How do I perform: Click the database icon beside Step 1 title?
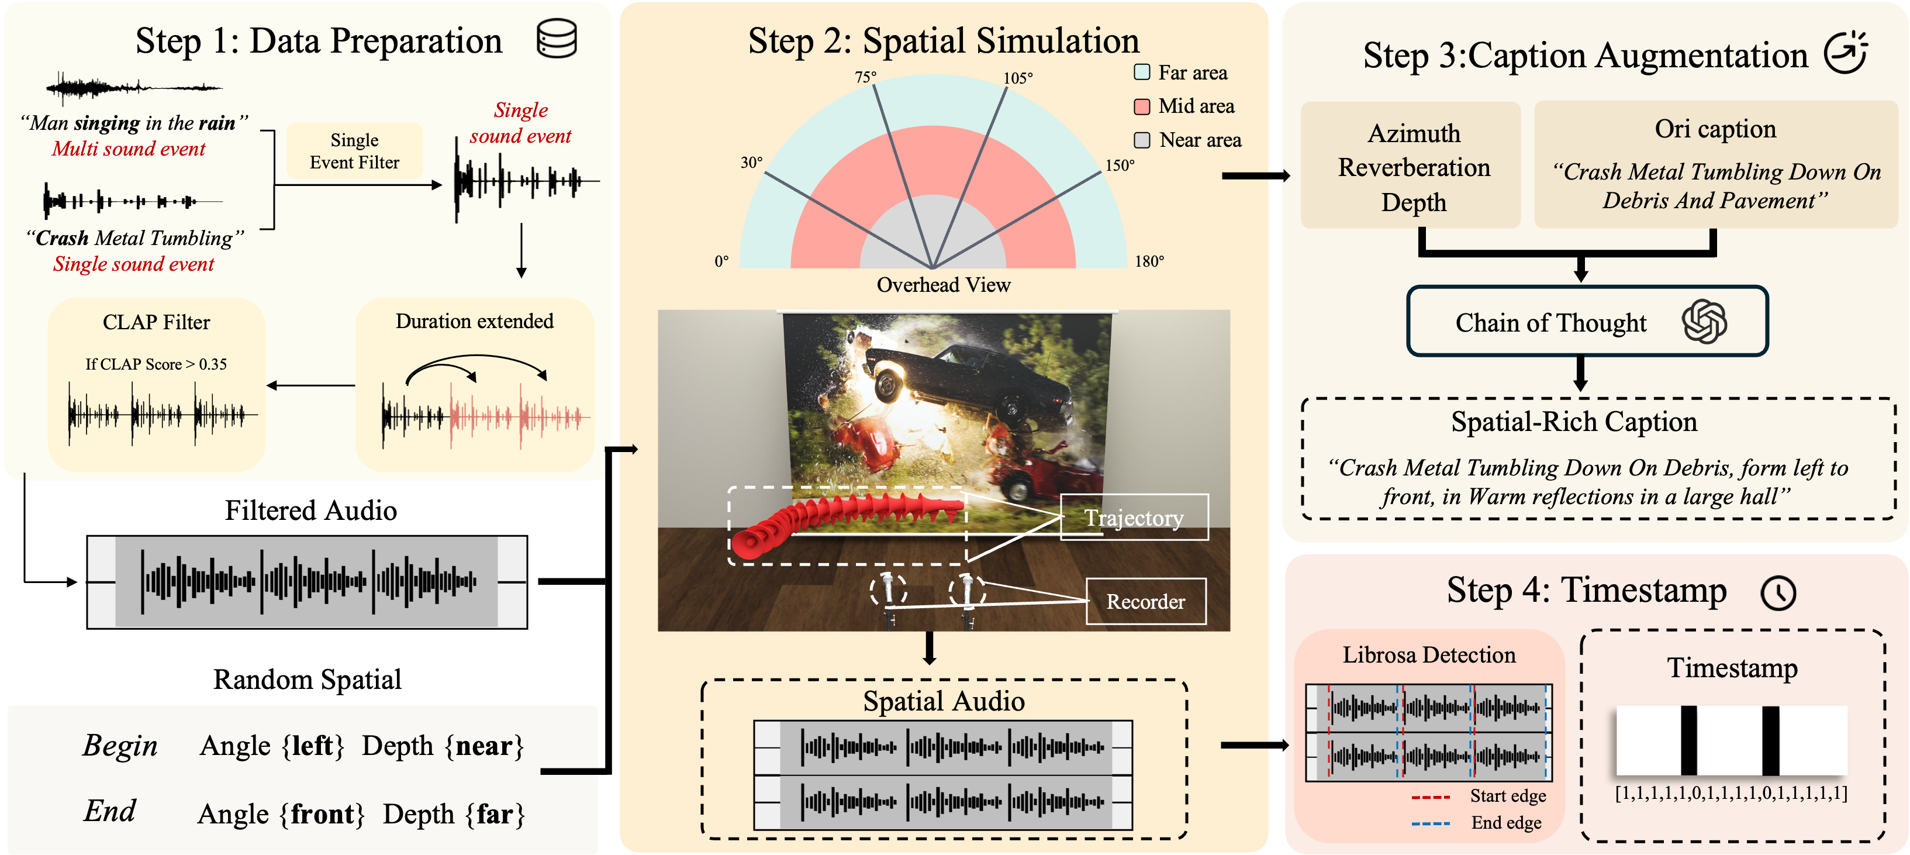556,39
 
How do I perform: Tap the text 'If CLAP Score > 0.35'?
156,364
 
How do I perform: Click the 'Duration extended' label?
475,321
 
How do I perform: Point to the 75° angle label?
865,77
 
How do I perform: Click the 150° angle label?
1120,166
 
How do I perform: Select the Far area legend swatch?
1142,72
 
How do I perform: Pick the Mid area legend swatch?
1142,106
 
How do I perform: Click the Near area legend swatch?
1142,140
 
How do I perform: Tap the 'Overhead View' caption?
943,285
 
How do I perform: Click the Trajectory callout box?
1134,518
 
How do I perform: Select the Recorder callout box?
1145,601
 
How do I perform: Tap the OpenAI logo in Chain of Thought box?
1704,322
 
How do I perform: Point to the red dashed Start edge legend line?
1430,797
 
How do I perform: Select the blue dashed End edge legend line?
1430,823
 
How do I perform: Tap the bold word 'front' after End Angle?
327,814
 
